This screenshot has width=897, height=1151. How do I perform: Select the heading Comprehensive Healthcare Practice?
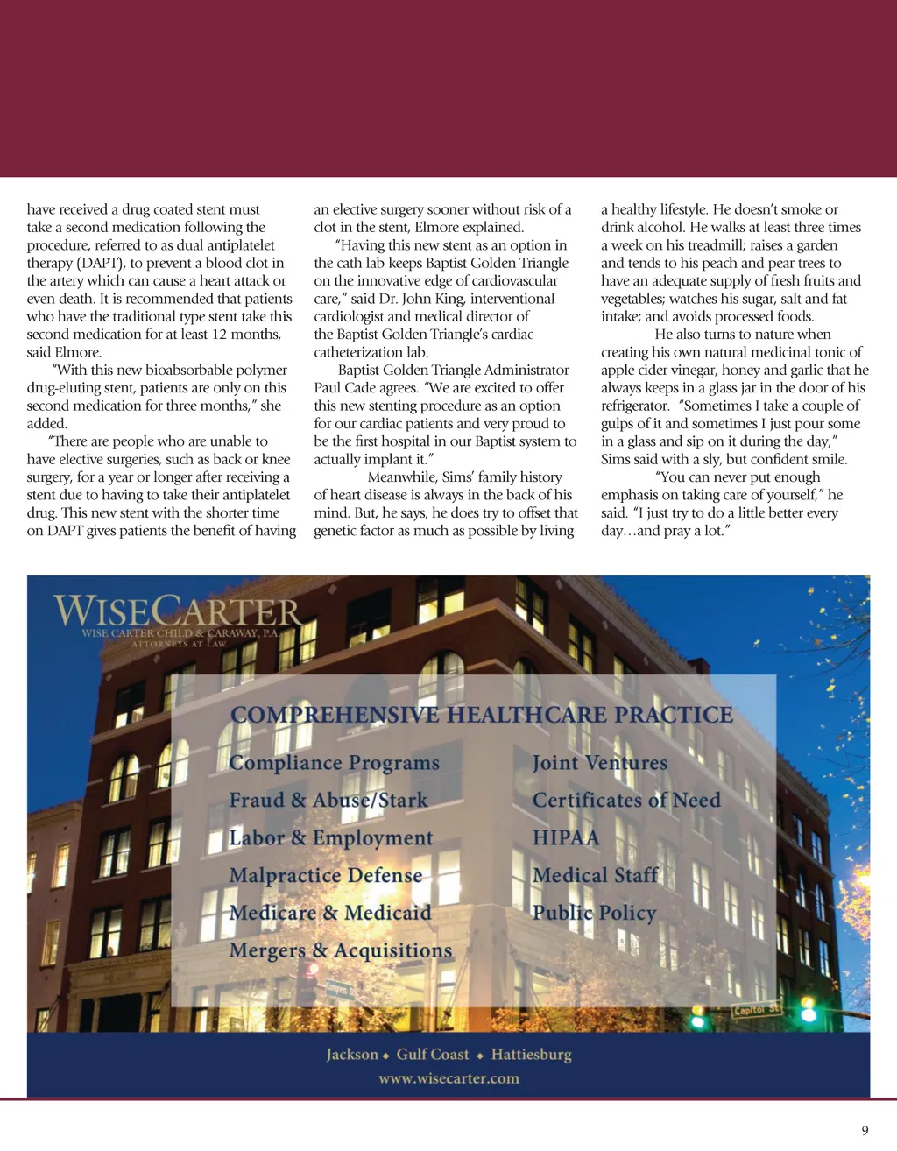coord(481,715)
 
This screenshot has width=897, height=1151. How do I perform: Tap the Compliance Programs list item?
coord(334,763)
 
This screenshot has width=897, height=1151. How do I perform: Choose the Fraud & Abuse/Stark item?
coord(328,801)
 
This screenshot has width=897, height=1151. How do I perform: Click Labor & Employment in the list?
coord(330,838)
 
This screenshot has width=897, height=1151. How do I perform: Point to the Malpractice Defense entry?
coord(325,876)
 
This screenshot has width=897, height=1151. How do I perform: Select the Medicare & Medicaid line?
coord(330,913)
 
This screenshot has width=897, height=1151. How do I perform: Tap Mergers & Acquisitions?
coord(341,950)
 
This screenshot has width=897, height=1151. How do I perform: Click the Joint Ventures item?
coord(599,763)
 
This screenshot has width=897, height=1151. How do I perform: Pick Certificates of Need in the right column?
coord(626,801)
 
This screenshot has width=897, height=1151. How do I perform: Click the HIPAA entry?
coord(566,838)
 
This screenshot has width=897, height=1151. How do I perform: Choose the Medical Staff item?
coord(595,876)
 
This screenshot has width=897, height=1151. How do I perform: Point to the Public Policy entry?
coord(594,913)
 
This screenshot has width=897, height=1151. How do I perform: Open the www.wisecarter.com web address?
coord(448,1078)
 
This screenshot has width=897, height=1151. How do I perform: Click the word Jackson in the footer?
coord(352,1055)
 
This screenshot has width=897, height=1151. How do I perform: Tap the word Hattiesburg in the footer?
coord(531,1055)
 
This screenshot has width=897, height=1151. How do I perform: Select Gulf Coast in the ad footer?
coord(433,1055)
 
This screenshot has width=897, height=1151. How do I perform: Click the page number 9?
coord(865,1130)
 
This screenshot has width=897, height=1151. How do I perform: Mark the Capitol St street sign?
coord(755,1010)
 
